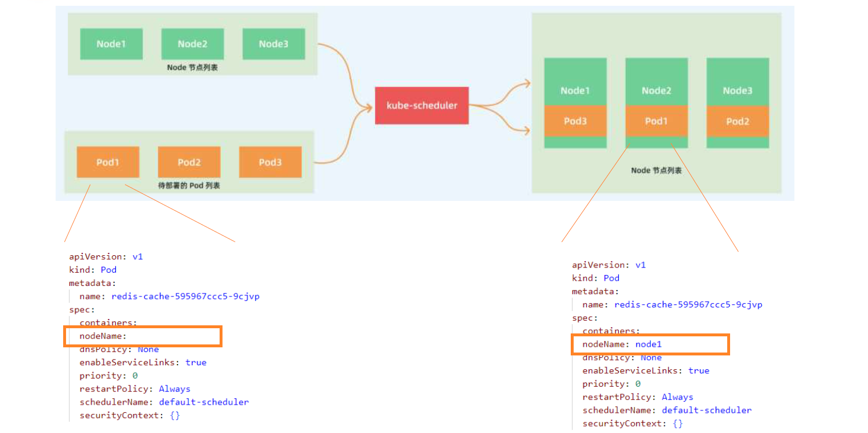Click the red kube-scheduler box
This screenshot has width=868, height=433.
click(421, 105)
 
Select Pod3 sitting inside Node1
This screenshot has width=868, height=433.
click(575, 121)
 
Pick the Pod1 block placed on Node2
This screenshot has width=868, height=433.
click(656, 121)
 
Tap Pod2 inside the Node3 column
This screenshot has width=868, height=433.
click(737, 121)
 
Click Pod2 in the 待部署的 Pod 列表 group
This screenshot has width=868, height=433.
click(189, 162)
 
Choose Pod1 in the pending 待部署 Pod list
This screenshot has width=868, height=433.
click(108, 162)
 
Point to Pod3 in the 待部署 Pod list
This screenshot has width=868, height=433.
click(270, 162)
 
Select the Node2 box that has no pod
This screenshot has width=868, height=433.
click(192, 44)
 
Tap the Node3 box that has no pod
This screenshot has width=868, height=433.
click(273, 44)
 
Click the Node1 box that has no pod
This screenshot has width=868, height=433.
click(111, 44)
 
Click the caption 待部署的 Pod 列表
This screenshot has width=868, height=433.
click(189, 186)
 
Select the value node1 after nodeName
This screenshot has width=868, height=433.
click(648, 344)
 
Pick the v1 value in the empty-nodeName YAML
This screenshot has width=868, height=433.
click(137, 256)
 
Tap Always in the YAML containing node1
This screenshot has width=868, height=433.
click(677, 397)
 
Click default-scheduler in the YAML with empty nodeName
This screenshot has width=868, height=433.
click(204, 402)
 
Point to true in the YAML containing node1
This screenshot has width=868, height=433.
click(699, 370)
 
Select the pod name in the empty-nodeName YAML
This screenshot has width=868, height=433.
click(185, 296)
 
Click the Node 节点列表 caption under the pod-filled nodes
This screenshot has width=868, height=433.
click(656, 171)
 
